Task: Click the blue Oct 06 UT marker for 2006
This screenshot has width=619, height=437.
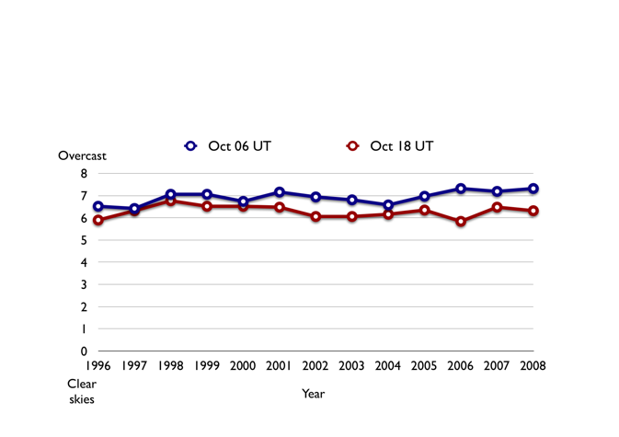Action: [461, 189]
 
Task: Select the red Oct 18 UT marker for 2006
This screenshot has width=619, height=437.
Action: [461, 222]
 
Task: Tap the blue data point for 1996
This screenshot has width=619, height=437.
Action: [98, 207]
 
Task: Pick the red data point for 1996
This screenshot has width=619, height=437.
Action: [98, 221]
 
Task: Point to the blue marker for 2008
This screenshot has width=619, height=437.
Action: [533, 189]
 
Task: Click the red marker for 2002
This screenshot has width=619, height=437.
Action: [315, 216]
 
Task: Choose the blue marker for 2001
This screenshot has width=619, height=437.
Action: [280, 192]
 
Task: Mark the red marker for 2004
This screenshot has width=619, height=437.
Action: [388, 214]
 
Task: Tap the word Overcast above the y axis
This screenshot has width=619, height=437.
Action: [83, 155]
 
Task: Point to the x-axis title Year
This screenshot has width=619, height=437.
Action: [313, 394]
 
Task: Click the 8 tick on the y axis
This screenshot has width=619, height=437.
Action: [84, 174]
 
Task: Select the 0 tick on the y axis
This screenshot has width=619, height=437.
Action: [84, 351]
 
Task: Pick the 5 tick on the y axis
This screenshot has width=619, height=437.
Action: [84, 240]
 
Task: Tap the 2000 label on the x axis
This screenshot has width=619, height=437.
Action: [243, 366]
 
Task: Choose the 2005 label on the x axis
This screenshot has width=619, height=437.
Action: [424, 366]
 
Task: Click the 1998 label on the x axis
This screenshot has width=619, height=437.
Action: [170, 366]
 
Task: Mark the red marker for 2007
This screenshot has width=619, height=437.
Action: [497, 208]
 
